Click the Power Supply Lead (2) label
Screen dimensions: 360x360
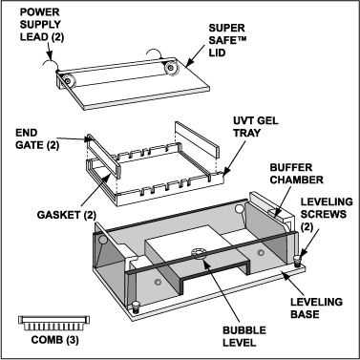42,25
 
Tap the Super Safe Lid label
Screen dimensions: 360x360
227,40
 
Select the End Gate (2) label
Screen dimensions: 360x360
37,138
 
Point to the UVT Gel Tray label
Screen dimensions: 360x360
256,127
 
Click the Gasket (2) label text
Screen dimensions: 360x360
67,215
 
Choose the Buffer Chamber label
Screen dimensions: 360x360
297,174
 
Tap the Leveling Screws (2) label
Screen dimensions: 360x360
327,214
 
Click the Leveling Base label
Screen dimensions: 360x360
316,307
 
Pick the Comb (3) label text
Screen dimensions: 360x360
54,340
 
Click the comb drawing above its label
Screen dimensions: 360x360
53,324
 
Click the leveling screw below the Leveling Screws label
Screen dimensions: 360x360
298,261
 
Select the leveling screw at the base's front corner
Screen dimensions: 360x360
136,307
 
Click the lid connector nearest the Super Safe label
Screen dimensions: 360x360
171,68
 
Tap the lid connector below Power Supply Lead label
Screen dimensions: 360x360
67,81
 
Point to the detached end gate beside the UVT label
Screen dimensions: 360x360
198,140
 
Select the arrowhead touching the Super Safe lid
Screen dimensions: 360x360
188,63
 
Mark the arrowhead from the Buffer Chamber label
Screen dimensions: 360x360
275,213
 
